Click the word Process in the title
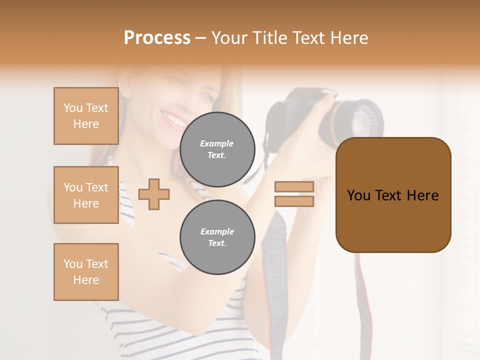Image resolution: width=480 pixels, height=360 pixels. [x=157, y=38]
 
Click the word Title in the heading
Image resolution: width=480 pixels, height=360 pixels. [x=269, y=38]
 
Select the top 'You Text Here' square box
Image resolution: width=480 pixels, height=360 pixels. [x=86, y=116]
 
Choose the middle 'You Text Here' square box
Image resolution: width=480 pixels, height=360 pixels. [x=86, y=195]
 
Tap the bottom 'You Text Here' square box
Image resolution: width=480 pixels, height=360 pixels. [x=86, y=271]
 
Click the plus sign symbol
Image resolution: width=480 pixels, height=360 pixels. [x=154, y=193]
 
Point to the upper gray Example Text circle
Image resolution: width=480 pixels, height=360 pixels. [x=217, y=149]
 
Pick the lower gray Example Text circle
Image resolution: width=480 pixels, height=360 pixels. [x=217, y=237]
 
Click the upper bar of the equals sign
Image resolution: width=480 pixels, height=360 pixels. [x=294, y=187]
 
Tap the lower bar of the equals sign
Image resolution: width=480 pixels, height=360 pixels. [x=294, y=201]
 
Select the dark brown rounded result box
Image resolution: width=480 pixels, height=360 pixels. [x=393, y=195]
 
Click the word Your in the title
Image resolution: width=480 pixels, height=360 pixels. [x=229, y=38]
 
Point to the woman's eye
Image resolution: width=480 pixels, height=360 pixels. [x=178, y=81]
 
